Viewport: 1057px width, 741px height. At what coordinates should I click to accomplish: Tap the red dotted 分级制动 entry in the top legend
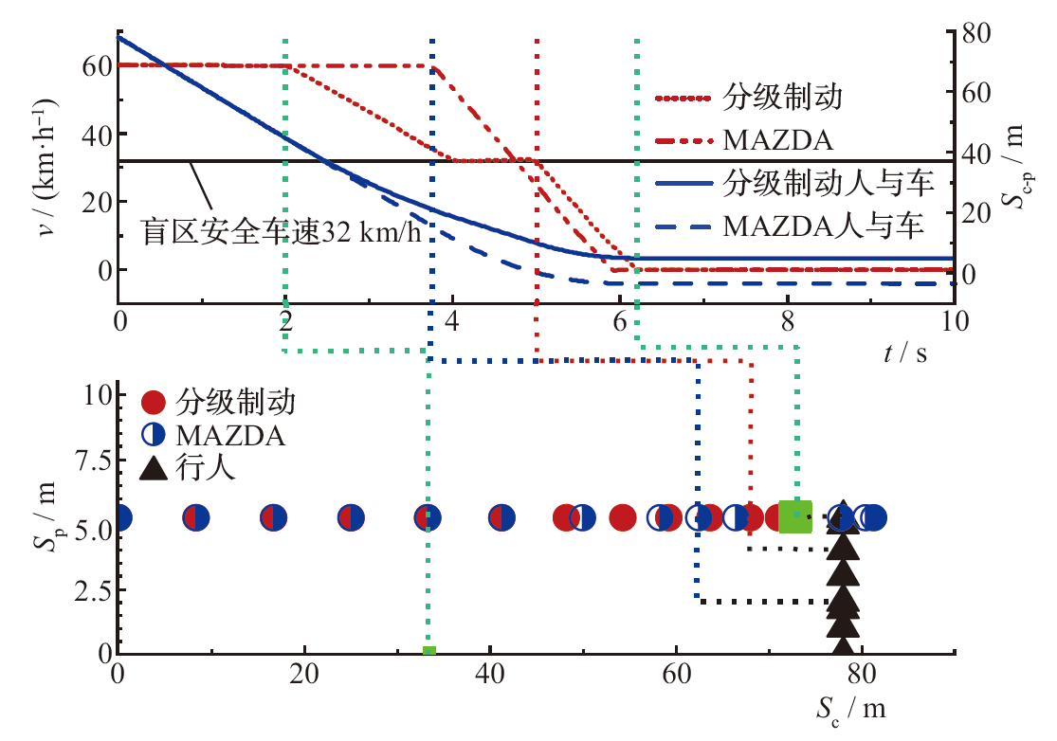click(783, 97)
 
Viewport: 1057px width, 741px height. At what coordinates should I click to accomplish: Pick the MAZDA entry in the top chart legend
click(777, 140)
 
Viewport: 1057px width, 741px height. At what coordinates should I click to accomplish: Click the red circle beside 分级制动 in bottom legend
click(155, 402)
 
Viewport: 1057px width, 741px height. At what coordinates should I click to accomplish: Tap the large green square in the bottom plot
click(795, 516)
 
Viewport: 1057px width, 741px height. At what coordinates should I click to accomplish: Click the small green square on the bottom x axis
click(428, 650)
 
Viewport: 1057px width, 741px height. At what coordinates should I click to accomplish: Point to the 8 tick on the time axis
click(787, 320)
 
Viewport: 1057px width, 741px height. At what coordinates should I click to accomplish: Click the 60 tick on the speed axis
click(100, 65)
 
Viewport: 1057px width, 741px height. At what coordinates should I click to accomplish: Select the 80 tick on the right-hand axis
click(977, 32)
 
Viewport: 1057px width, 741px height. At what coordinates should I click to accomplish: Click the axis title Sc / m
click(852, 708)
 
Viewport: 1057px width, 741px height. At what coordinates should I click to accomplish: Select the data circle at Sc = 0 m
click(119, 518)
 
